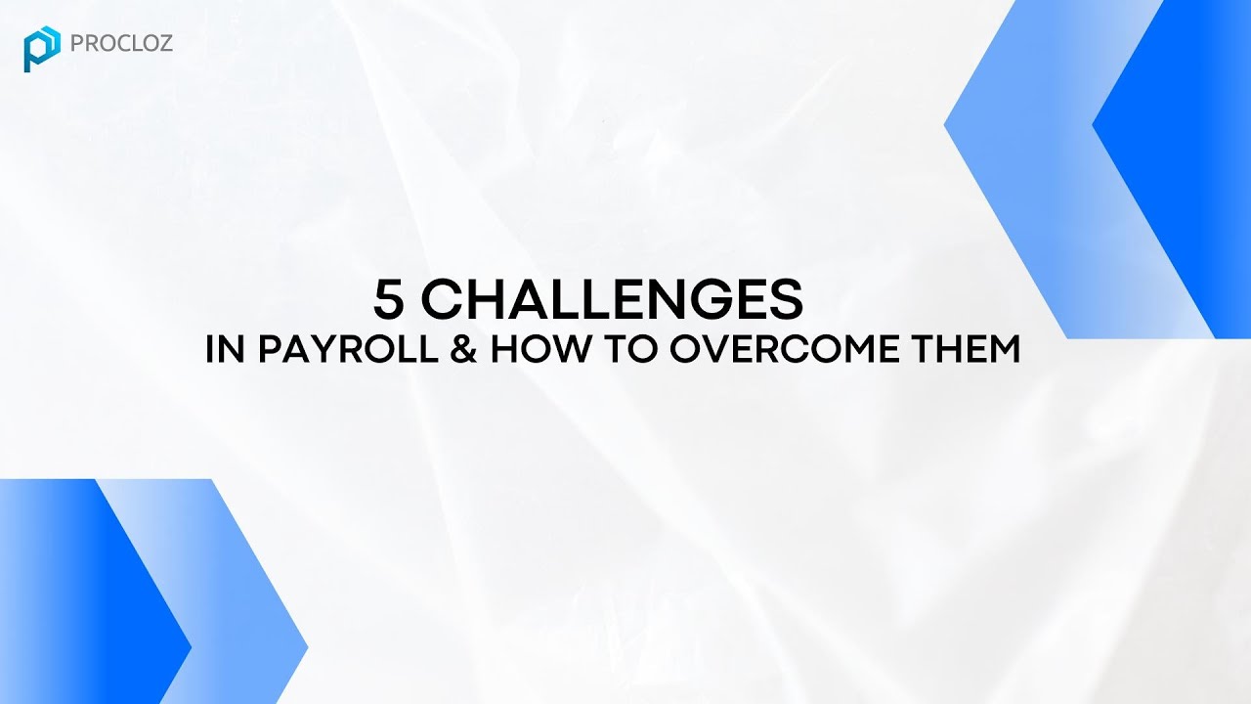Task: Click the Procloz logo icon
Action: pos(42,49)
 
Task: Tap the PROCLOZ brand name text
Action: pos(122,44)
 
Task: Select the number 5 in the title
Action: pos(388,299)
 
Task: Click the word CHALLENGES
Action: pos(612,299)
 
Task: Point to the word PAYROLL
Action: pos(347,351)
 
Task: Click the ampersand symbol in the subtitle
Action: pos(464,351)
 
